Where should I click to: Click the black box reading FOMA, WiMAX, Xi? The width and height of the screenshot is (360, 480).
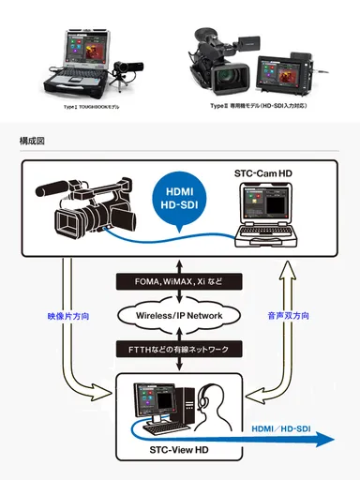(x=179, y=280)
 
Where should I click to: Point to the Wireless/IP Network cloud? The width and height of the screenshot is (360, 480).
(x=179, y=315)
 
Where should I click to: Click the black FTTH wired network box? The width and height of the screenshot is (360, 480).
(x=179, y=350)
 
